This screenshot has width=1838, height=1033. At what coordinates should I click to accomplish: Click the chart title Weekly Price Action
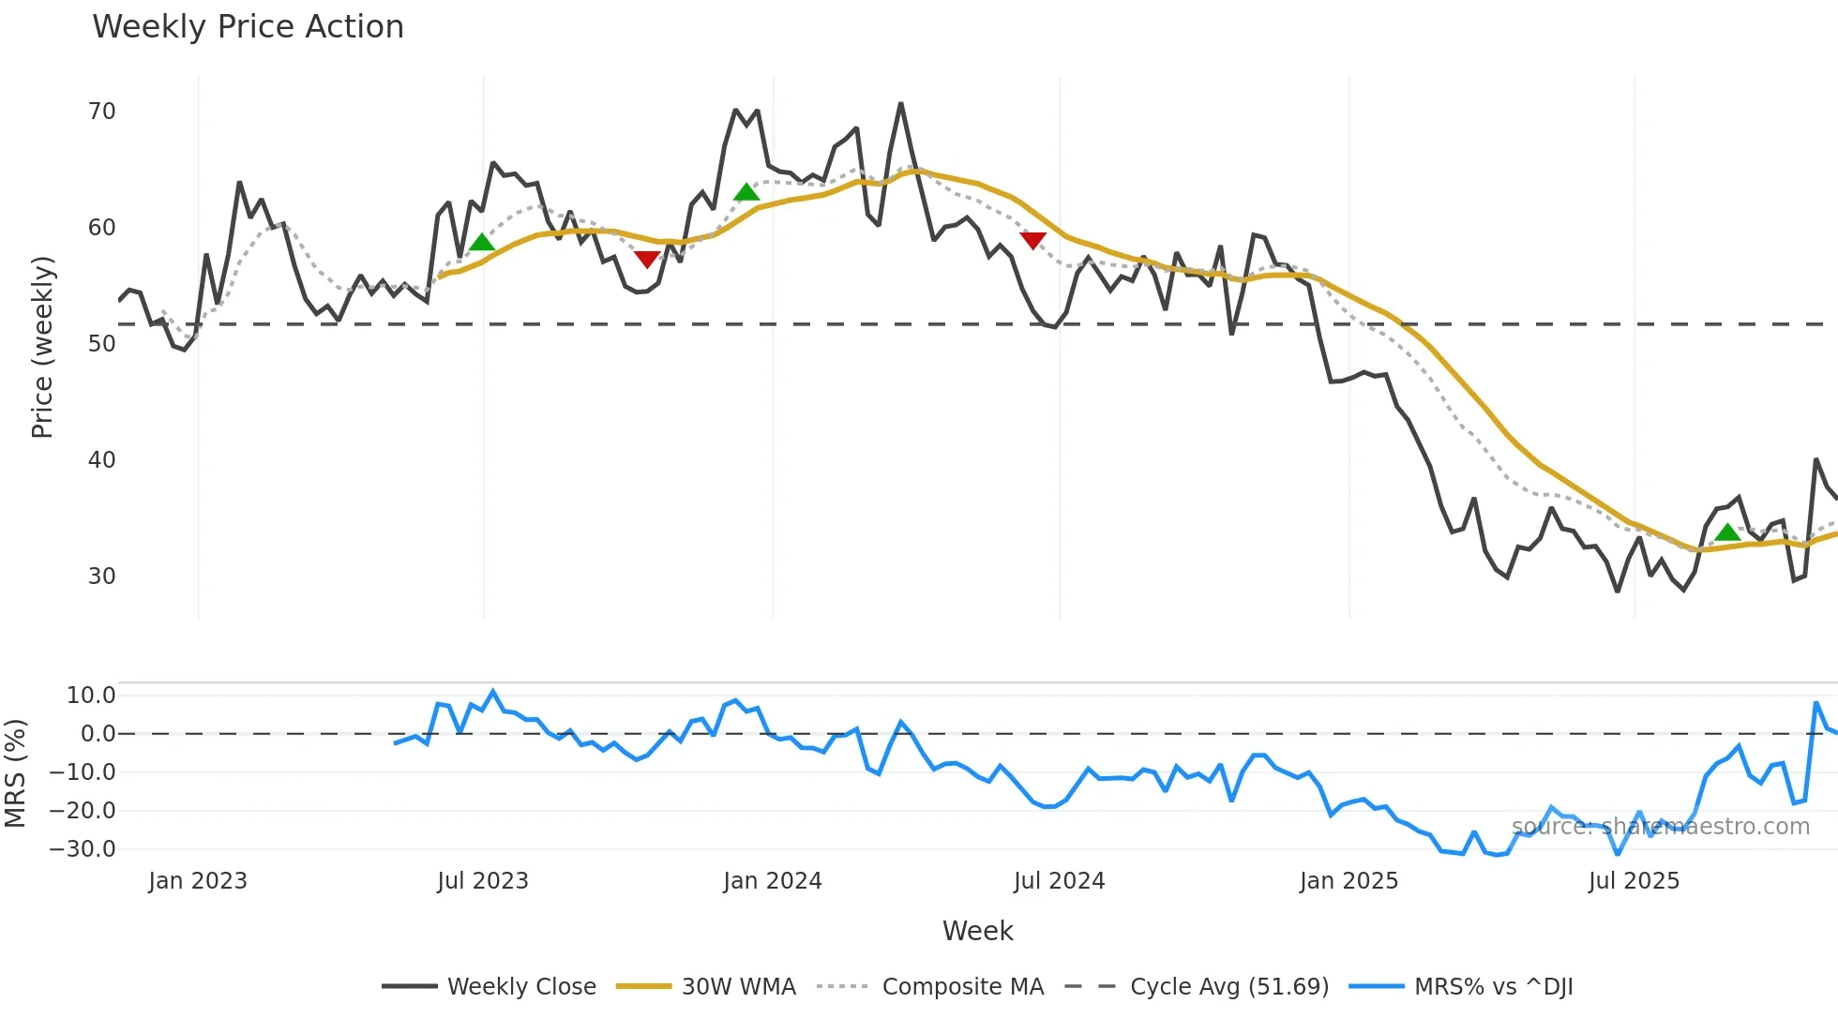tap(248, 27)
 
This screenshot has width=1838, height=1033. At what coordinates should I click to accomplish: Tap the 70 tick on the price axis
tap(101, 112)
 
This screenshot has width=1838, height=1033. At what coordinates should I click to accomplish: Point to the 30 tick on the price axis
tap(101, 576)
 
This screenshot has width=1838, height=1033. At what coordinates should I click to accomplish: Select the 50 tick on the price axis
tap(101, 344)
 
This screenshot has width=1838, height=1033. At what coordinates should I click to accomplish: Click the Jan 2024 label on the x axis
tap(772, 881)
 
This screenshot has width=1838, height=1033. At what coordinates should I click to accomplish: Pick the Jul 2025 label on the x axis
tap(1634, 881)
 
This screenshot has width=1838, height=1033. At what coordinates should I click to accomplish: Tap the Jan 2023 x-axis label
tap(198, 881)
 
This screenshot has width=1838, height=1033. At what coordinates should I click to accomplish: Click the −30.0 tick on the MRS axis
tap(83, 849)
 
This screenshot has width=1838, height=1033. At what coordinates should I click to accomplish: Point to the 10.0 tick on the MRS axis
tap(91, 696)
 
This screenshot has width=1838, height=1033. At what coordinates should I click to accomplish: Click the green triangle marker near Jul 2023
tap(481, 243)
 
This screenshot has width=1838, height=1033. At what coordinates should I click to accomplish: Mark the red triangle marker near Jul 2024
tap(1032, 241)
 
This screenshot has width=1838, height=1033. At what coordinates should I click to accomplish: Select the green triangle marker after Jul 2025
tap(1727, 533)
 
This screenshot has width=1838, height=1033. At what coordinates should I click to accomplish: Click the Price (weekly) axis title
tap(42, 347)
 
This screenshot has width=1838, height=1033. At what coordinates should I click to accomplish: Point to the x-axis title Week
tap(977, 932)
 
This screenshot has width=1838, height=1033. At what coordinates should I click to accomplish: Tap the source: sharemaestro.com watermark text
tap(1660, 827)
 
